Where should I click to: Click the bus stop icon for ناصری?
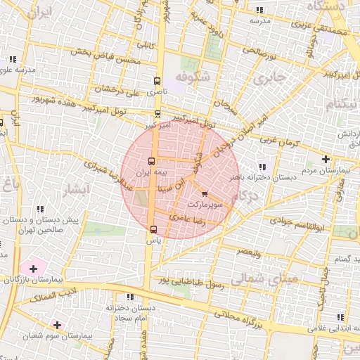pos(156,81)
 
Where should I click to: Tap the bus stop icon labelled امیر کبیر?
pos(157,113)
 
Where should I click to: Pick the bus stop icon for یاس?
pos(154,229)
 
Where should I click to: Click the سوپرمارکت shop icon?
pos(205,193)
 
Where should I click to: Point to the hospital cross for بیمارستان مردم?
pos(326,159)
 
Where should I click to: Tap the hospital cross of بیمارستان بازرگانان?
pos(32,269)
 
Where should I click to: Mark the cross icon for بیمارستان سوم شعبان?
pos(57,325)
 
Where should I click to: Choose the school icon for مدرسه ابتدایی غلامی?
pos(340,317)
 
